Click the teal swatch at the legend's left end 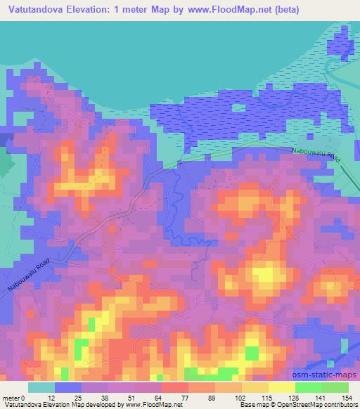coord(41,387)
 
